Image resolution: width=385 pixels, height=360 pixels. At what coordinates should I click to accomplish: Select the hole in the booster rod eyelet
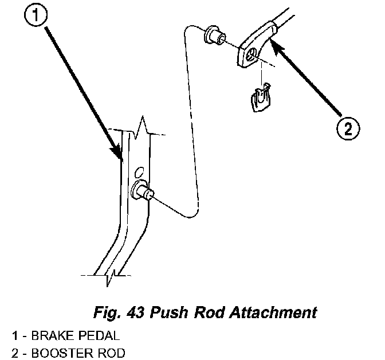(253, 56)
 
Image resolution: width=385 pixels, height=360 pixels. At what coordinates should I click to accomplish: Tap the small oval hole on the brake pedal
(138, 171)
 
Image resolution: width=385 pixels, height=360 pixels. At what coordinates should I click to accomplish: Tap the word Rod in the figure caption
(208, 312)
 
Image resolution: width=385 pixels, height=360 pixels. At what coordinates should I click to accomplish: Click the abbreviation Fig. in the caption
(105, 313)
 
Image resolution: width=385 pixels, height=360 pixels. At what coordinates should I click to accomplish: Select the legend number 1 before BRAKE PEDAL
(13, 334)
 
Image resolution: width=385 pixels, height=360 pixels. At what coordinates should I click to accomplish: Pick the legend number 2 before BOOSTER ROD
(13, 351)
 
